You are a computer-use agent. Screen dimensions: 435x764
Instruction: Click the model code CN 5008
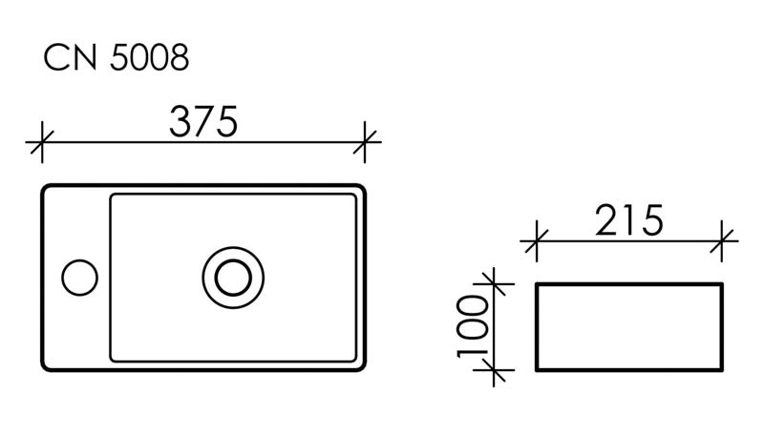[x=117, y=58]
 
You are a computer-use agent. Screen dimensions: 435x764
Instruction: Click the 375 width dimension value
[x=202, y=121]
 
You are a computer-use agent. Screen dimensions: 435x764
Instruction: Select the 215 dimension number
[x=628, y=221]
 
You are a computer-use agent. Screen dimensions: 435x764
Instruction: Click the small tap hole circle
[x=79, y=277]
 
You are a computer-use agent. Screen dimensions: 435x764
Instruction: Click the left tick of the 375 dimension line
[x=41, y=143]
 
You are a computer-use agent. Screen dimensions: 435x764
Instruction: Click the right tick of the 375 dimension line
[x=366, y=143]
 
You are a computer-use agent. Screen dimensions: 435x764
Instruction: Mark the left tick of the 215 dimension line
[x=537, y=240]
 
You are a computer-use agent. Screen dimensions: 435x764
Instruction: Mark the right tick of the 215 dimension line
[x=723, y=240]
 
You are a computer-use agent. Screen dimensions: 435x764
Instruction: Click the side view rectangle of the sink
[x=629, y=326]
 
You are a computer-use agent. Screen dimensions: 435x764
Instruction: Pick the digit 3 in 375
[x=180, y=121]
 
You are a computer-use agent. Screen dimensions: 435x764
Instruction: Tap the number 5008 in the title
[x=149, y=58]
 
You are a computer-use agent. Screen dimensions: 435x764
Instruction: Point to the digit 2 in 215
[x=607, y=221]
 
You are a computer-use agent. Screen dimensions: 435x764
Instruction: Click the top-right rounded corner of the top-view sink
[x=361, y=189]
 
